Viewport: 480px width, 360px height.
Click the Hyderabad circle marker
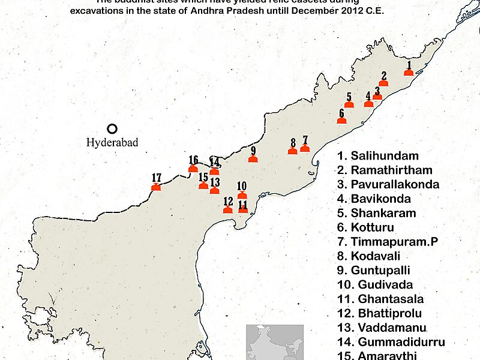[112, 128]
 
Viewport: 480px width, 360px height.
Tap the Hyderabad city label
[112, 143]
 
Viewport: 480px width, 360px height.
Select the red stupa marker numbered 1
[409, 72]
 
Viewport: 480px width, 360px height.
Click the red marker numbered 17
[157, 187]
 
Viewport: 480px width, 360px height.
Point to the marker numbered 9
[253, 159]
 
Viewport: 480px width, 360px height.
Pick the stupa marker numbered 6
[342, 121]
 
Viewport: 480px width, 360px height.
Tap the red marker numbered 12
[228, 210]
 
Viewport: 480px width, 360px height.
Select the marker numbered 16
[193, 169]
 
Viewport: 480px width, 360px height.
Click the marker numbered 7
[305, 148]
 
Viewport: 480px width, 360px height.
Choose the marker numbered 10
[242, 195]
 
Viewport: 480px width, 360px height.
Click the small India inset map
[274, 342]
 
